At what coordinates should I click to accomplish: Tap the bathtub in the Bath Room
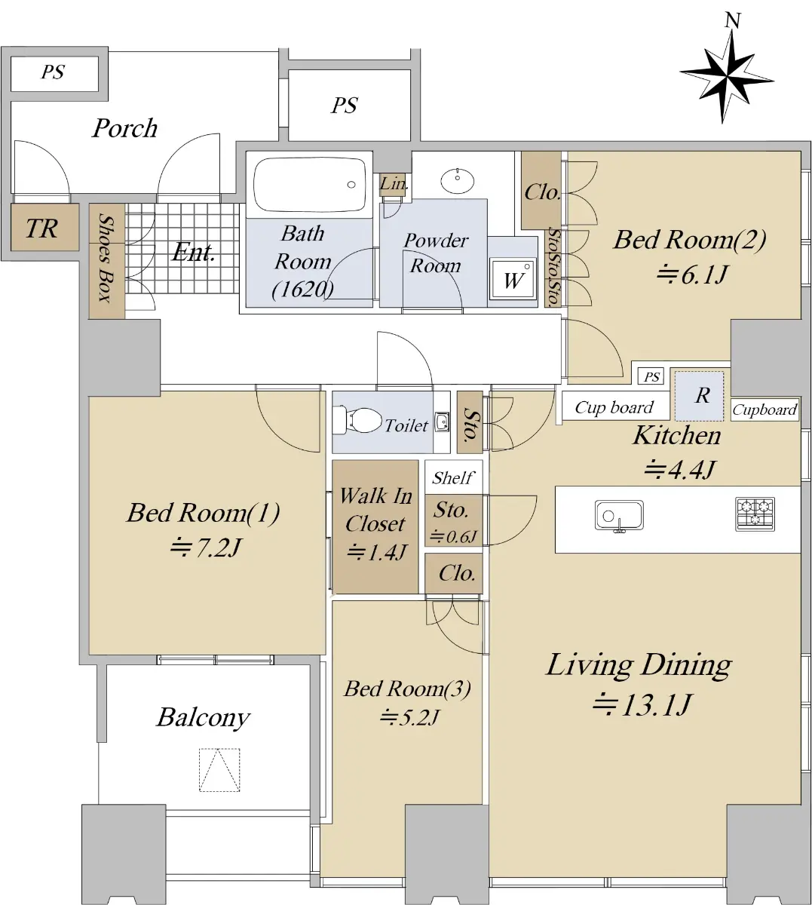[x=310, y=184]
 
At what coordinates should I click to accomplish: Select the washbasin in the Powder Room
[x=458, y=180]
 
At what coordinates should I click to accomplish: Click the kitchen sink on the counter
[x=619, y=517]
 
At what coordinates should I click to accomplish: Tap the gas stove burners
[x=755, y=514]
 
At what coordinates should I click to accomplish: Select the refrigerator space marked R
[x=699, y=396]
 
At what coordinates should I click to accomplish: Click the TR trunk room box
[x=44, y=227]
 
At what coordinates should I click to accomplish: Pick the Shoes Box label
[x=106, y=258]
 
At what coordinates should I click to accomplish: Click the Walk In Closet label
[x=375, y=510]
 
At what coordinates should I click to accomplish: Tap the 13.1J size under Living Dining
[x=642, y=705]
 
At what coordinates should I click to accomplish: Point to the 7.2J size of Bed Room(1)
[x=206, y=547]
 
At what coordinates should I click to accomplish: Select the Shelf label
[x=452, y=477]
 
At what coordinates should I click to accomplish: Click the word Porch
[x=125, y=128]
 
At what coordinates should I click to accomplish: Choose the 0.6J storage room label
[x=453, y=536]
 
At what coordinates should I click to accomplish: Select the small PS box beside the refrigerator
[x=651, y=376]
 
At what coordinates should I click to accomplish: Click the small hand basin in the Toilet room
[x=442, y=421]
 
